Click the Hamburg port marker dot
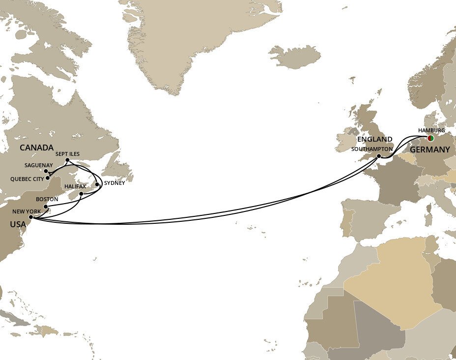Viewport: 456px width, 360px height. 430,138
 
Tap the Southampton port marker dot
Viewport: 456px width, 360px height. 379,156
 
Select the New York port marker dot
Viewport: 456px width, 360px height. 30,217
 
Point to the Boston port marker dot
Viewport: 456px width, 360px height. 45,206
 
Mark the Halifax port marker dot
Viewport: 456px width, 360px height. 81,194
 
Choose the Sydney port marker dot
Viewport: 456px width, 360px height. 97,184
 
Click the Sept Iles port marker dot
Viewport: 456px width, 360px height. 67,160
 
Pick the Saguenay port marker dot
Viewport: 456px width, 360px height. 46,171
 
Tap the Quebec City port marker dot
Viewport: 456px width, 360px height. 48,178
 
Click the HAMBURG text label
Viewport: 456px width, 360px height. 431,130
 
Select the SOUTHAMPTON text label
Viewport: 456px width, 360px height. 372,149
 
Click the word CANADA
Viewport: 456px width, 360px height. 36,148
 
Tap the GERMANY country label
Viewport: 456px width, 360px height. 430,150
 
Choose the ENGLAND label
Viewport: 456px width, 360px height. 375,139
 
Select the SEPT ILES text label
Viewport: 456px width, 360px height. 67,154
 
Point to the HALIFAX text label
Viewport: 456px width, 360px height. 75,187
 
